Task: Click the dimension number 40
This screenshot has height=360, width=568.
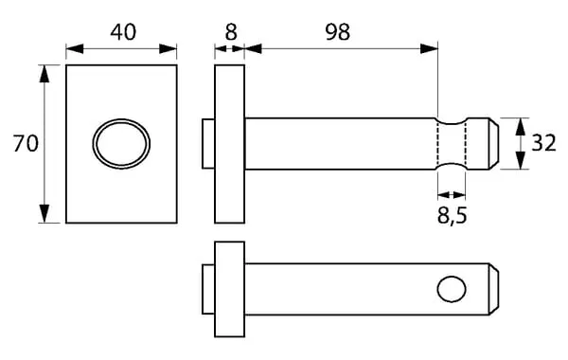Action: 123,32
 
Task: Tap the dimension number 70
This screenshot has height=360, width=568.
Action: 26,143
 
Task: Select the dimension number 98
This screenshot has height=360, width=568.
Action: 337,32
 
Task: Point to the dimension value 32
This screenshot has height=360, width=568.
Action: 543,143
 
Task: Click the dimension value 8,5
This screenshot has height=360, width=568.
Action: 453,216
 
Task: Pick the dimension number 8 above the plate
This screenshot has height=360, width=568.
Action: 231,32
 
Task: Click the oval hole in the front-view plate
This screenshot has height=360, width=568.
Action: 121,144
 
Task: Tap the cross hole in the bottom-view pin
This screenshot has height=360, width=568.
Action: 452,289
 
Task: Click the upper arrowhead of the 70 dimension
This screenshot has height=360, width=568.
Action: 44,74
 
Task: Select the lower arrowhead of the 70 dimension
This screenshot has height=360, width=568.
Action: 44,213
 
